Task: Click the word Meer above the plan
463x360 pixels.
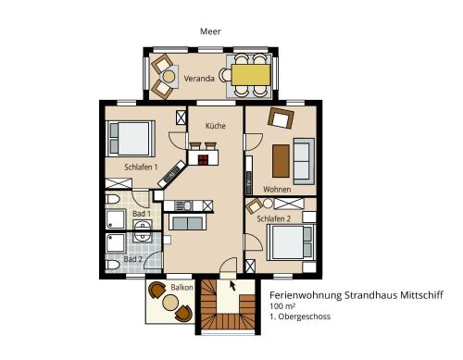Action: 210,31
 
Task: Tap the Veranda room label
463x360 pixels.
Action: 199,79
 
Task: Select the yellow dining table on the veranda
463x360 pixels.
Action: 251,75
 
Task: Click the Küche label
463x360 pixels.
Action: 216,126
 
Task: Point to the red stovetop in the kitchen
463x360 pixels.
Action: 203,159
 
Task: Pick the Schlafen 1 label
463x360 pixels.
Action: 141,168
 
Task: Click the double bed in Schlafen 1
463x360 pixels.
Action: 130,139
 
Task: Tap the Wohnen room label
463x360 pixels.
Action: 277,190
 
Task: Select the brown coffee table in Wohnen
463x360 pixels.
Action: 281,161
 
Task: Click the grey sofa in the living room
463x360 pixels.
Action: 304,161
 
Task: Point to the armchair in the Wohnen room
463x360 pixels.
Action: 281,118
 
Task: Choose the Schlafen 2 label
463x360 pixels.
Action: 274,218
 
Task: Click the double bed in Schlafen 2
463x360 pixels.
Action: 292,242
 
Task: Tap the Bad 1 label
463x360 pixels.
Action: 142,214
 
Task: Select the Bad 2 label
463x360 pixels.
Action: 133,259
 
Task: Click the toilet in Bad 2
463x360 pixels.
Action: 112,265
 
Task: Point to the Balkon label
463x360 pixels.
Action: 181,288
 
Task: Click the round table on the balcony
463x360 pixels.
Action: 170,303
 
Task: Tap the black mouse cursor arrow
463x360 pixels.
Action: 232,285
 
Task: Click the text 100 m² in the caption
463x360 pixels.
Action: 282,306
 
